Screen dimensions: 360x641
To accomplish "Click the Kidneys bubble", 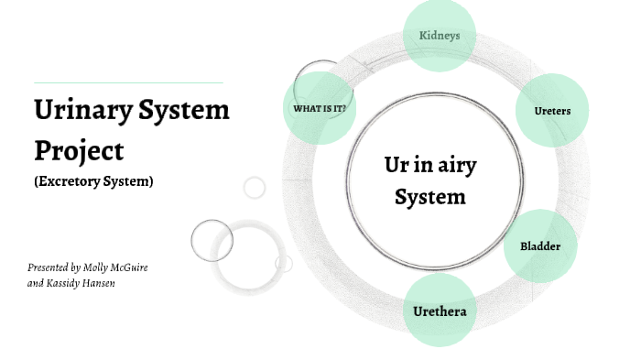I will [x=440, y=36].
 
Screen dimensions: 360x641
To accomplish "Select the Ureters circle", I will [x=552, y=111].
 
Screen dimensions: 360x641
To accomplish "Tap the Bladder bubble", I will [x=539, y=245].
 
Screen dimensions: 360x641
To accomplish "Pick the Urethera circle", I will [x=440, y=311].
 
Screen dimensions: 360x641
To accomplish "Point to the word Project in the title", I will [x=79, y=148].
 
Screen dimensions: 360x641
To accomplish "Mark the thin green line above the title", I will [x=128, y=82].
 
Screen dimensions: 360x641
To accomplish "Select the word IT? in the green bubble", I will [x=338, y=109].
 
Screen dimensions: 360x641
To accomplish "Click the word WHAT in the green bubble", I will [x=305, y=109].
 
